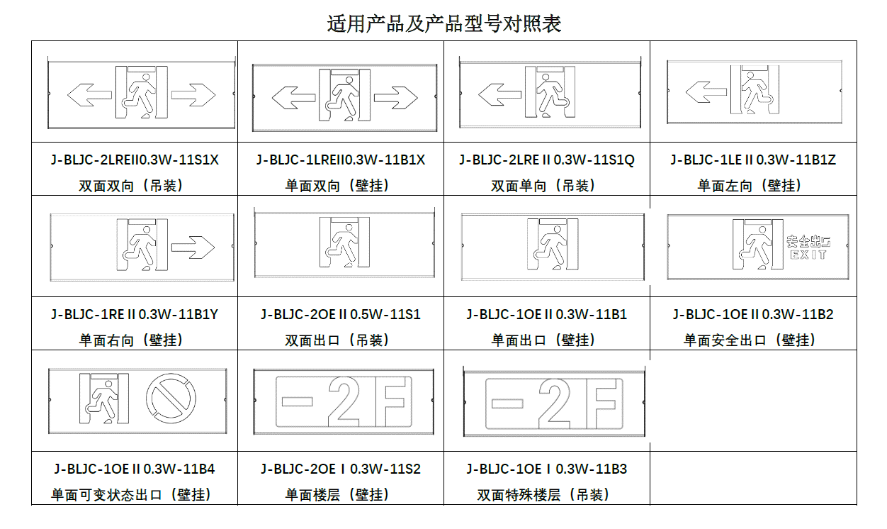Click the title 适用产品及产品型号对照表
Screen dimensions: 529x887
pos(443,23)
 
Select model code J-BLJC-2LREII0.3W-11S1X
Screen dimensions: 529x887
pos(135,160)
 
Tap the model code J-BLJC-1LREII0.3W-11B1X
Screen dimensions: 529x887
pos(341,160)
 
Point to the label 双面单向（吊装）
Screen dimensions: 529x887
pos(547,186)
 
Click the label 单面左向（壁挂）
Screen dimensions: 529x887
pos(753,186)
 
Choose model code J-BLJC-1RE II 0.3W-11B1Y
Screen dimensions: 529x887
pos(135,314)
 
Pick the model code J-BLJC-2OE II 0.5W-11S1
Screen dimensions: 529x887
pos(341,314)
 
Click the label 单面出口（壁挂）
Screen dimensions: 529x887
pos(547,340)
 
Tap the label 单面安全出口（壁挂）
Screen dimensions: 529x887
pos(753,340)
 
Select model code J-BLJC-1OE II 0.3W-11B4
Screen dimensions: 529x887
pos(135,469)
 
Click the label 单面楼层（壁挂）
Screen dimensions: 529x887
pos(341,495)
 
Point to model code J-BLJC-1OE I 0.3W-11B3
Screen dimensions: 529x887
pos(547,469)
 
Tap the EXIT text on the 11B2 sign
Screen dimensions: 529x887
pos(808,255)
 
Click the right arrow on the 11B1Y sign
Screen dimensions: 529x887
pos(193,247)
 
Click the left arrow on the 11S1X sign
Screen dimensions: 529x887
pos(89,94)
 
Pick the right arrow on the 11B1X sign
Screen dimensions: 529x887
pos(396,97)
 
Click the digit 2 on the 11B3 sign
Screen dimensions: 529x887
pos(555,402)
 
